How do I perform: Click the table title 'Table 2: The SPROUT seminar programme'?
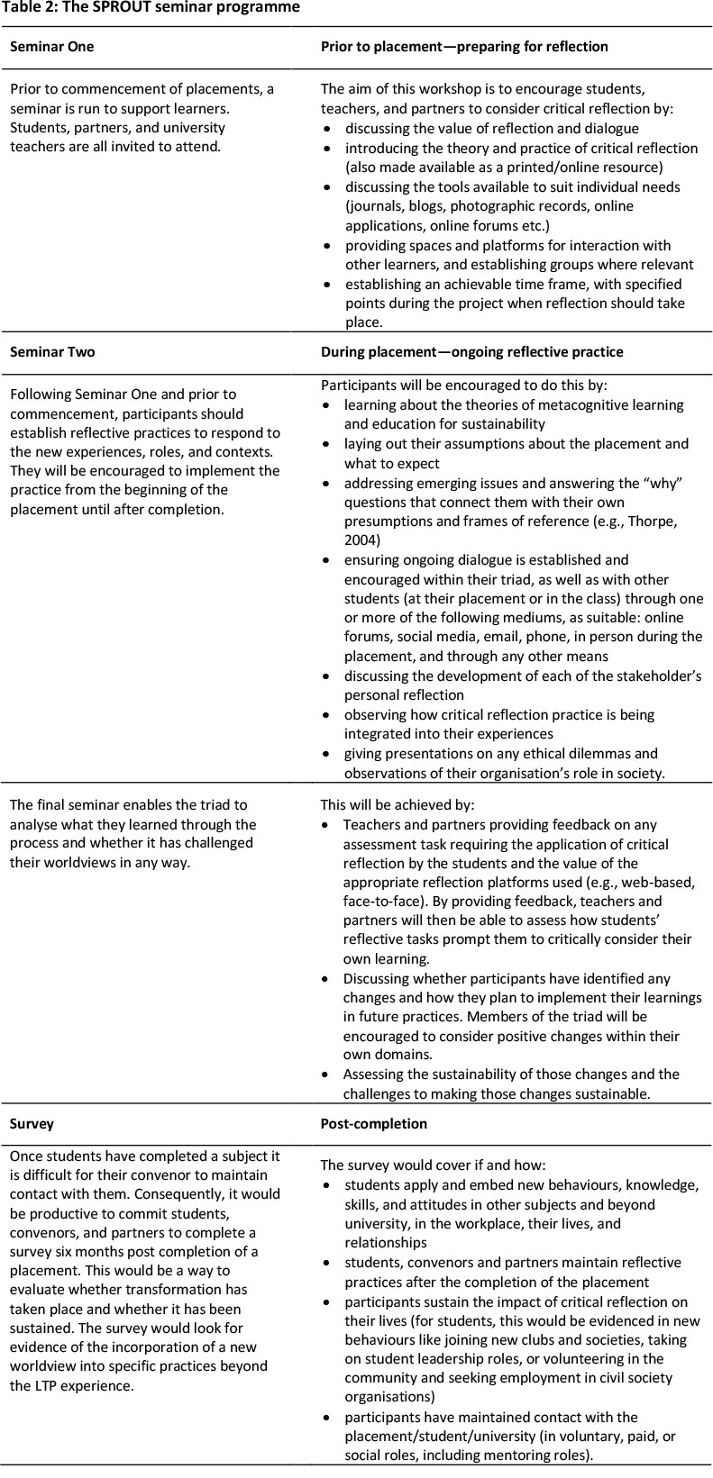(x=151, y=8)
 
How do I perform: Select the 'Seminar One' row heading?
(x=51, y=46)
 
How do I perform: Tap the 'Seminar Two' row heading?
(x=51, y=351)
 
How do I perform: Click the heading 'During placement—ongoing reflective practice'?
(x=471, y=351)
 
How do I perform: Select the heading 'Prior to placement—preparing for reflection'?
(x=464, y=46)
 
